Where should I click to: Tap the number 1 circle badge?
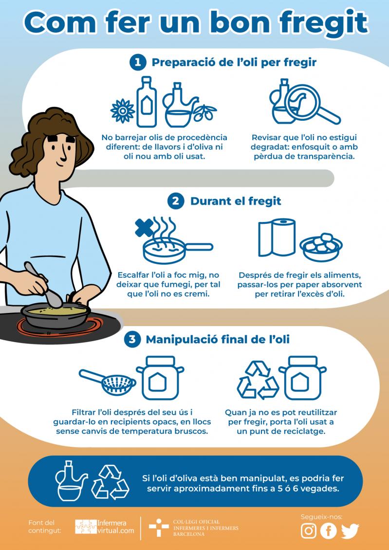(x=137, y=63)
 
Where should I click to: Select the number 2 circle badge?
(x=176, y=202)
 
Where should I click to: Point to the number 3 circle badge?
(x=132, y=340)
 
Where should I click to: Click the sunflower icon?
(x=122, y=111)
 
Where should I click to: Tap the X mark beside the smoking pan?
(x=145, y=228)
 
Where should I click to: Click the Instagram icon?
(x=309, y=531)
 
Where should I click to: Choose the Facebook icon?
(x=329, y=531)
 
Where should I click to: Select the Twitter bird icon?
(x=350, y=531)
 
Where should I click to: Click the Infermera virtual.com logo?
(x=105, y=527)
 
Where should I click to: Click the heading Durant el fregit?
(x=236, y=202)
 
